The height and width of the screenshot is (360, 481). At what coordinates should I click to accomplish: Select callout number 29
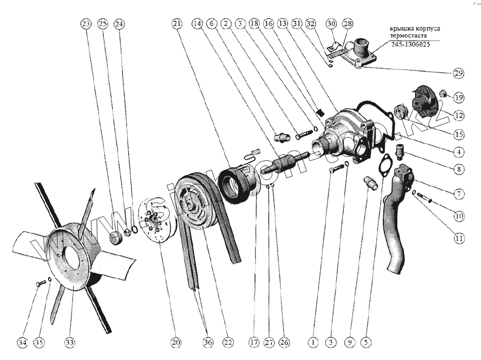pos(458,73)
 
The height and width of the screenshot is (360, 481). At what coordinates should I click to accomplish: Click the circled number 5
pos(367,342)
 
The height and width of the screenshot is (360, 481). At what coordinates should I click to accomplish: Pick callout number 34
pos(22,342)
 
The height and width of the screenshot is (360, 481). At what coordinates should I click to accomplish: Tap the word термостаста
pos(407,35)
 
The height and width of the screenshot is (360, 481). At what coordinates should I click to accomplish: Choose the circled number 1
pos(313,342)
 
